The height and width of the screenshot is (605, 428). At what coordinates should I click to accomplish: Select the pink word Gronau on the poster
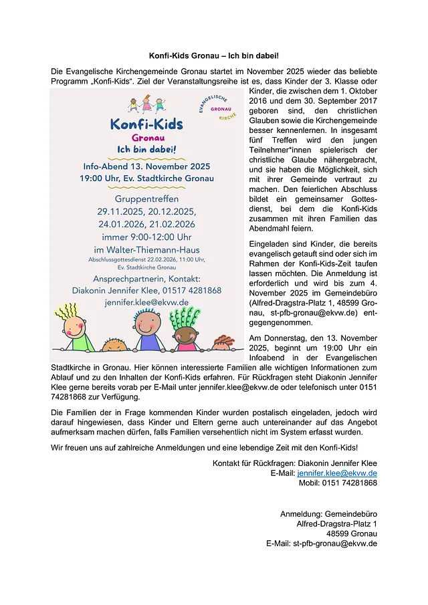click(147, 139)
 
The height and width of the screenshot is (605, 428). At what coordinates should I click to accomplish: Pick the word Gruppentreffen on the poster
click(146, 199)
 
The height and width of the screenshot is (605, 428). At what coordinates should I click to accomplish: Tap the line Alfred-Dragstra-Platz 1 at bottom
click(336, 523)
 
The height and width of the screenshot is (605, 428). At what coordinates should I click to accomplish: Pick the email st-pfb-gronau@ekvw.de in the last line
click(335, 543)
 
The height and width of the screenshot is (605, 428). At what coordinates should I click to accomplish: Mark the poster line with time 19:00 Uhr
click(146, 178)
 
